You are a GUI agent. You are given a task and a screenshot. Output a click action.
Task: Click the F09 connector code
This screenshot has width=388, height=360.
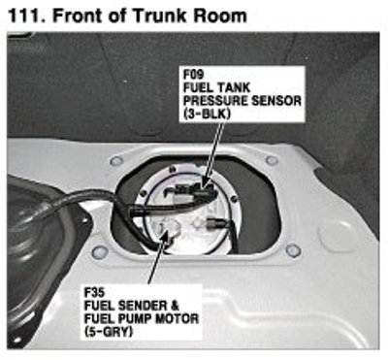coord(194,75)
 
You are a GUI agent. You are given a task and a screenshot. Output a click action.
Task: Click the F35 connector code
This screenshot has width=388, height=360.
coord(94,293)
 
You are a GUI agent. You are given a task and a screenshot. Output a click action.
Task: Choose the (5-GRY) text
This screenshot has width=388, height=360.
coord(109,332)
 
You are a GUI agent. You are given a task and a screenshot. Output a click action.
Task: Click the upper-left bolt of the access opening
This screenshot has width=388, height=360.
coord(116,161)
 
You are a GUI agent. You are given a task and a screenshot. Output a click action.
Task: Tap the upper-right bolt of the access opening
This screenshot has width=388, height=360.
coord(272,160)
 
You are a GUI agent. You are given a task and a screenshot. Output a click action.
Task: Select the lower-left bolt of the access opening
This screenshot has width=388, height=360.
coord(99,251)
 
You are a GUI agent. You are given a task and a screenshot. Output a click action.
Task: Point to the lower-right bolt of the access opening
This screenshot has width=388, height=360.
coord(293,249)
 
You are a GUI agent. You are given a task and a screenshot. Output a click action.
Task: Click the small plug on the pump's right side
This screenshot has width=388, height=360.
coord(215,221)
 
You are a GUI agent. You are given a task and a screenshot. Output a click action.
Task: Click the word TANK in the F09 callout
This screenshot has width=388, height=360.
coord(234,87)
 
